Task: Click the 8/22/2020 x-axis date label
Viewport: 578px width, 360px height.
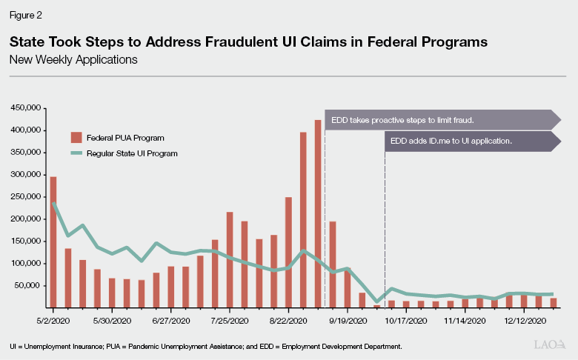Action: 288,321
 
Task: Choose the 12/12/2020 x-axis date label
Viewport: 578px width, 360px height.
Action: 525,321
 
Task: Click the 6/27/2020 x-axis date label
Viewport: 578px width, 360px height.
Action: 170,321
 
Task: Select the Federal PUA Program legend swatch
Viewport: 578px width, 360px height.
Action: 76,138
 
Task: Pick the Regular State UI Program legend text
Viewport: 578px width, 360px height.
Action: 131,153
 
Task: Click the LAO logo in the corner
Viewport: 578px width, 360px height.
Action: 549,345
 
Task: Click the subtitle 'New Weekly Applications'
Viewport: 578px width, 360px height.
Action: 73,60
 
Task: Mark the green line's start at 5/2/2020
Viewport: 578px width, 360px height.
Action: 53,204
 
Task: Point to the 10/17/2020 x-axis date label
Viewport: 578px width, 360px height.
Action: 406,321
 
